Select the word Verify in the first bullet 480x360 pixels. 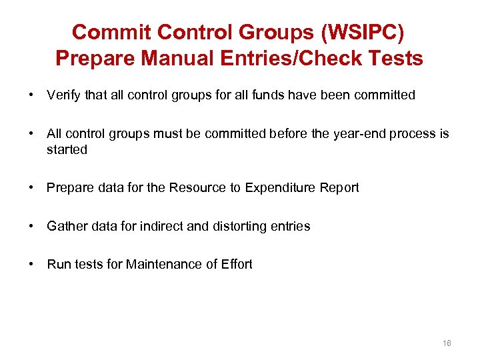(x=63, y=95)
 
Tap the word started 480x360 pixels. (x=67, y=149)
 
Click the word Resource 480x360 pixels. (x=198, y=188)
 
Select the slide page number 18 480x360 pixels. (x=446, y=343)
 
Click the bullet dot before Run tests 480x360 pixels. (x=32, y=264)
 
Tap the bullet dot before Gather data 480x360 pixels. (x=32, y=226)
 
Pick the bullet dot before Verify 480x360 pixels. (x=32, y=95)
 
